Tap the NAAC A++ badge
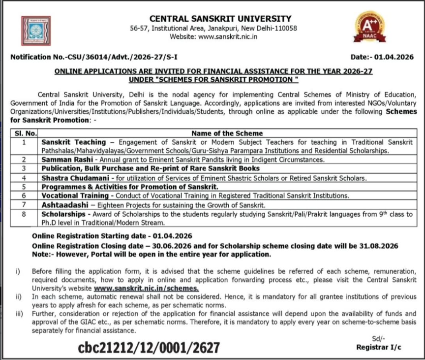tap(370, 28)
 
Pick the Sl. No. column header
tap(24, 133)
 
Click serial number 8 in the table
tap(24, 214)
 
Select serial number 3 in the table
tap(24, 169)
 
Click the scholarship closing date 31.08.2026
tap(378, 245)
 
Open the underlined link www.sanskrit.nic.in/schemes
tap(147, 288)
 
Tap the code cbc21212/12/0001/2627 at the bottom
tap(149, 348)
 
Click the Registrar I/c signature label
tap(379, 347)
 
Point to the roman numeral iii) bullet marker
tap(18, 313)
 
